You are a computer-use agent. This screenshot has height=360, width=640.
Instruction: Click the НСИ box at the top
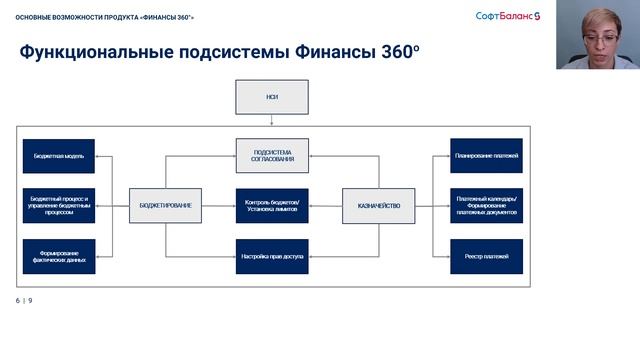pyautogui.click(x=272, y=98)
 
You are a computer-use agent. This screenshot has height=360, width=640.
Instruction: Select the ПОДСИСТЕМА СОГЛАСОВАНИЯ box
pyautogui.click(x=272, y=156)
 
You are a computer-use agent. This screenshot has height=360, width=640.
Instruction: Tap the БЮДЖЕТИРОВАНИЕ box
pyautogui.click(x=166, y=205)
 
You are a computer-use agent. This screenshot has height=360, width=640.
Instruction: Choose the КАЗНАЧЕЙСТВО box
pyautogui.click(x=378, y=205)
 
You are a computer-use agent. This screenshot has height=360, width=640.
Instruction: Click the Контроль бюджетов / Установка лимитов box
pyautogui.click(x=272, y=205)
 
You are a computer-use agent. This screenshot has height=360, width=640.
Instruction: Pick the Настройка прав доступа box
pyautogui.click(x=272, y=256)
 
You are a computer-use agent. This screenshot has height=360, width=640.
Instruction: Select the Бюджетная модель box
pyautogui.click(x=58, y=156)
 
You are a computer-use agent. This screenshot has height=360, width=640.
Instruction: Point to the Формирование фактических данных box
pyautogui.click(x=58, y=256)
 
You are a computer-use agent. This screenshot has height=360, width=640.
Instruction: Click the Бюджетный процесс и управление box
pyautogui.click(x=58, y=205)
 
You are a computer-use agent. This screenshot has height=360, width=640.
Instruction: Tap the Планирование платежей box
pyautogui.click(x=486, y=156)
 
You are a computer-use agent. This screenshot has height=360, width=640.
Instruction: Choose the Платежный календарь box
pyautogui.click(x=486, y=205)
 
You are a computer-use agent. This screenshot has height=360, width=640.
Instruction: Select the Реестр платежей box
pyautogui.click(x=486, y=256)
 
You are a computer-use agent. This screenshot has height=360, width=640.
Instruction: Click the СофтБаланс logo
pyautogui.click(x=507, y=15)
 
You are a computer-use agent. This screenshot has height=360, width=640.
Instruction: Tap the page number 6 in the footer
pyautogui.click(x=18, y=301)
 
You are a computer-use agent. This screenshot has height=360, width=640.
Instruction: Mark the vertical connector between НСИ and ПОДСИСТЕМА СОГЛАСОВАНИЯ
pyautogui.click(x=272, y=126)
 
